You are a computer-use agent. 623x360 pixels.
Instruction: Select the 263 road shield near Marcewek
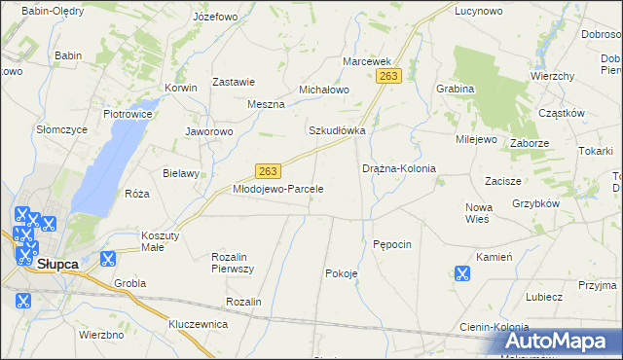pos(389,76)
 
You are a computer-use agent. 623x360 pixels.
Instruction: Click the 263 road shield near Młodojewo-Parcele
pos(270,169)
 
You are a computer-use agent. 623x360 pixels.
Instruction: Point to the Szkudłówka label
pos(337,130)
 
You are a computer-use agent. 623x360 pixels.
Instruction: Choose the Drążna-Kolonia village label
pos(398,168)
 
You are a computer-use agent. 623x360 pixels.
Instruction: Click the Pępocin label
pos(392,243)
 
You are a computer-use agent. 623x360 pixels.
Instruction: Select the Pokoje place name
pos(341,273)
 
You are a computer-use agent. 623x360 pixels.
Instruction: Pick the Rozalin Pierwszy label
pos(233,262)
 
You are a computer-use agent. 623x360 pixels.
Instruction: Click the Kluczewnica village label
pos(198,323)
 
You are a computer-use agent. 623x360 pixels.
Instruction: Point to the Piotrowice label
pos(128,113)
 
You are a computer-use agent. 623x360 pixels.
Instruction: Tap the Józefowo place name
pos(215,18)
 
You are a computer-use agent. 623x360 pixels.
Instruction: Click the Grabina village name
pos(455,89)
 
